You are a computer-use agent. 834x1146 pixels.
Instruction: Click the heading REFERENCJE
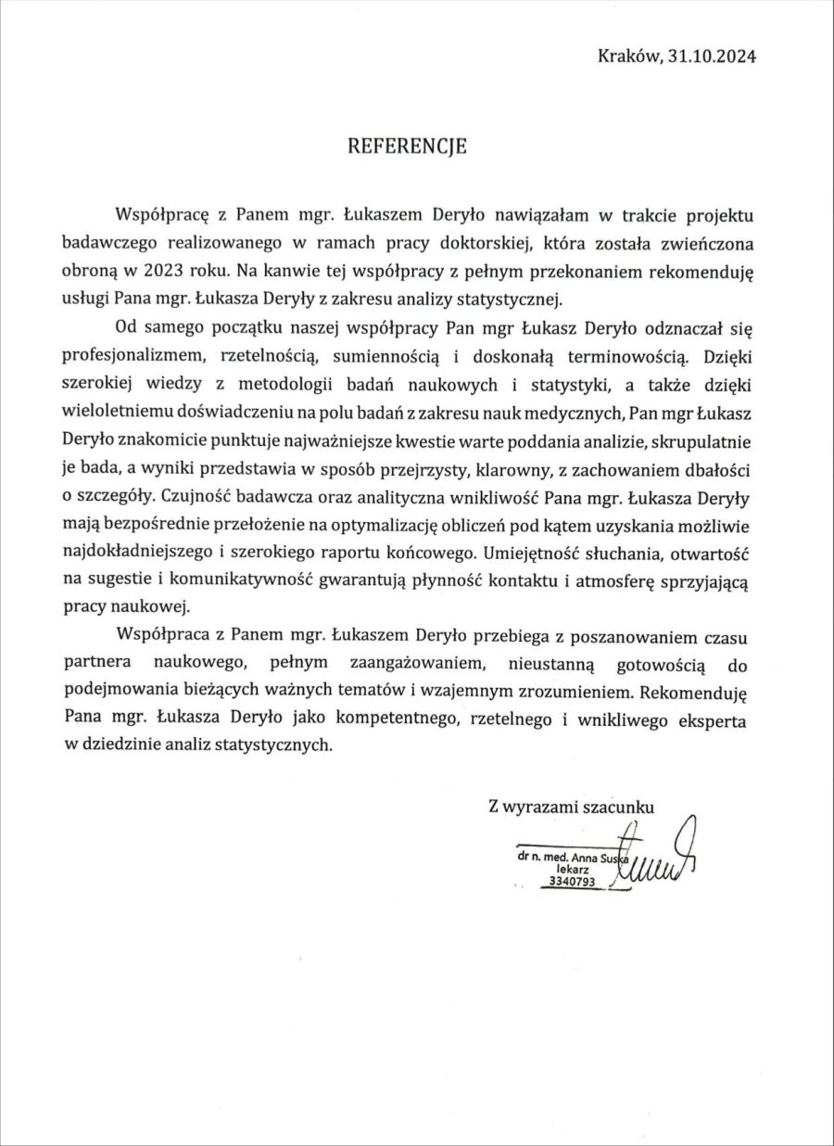[407, 146]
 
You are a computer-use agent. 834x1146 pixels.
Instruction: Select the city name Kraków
[630, 56]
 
